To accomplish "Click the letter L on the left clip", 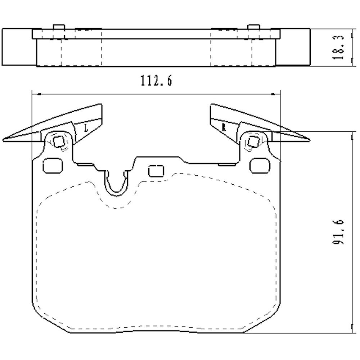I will [86, 127].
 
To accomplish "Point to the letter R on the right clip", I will [224, 127].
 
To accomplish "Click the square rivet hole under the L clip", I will [58, 141].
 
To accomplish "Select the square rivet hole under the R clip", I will [253, 141].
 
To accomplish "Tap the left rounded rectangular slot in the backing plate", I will [53, 166].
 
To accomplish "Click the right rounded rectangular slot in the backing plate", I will [260, 166].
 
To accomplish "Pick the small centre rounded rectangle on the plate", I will [156, 171].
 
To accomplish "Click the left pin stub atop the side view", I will [58, 27].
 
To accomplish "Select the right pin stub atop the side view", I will [254, 27].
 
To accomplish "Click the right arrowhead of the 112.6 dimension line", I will [278, 94].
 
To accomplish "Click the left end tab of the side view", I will [18, 47].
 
